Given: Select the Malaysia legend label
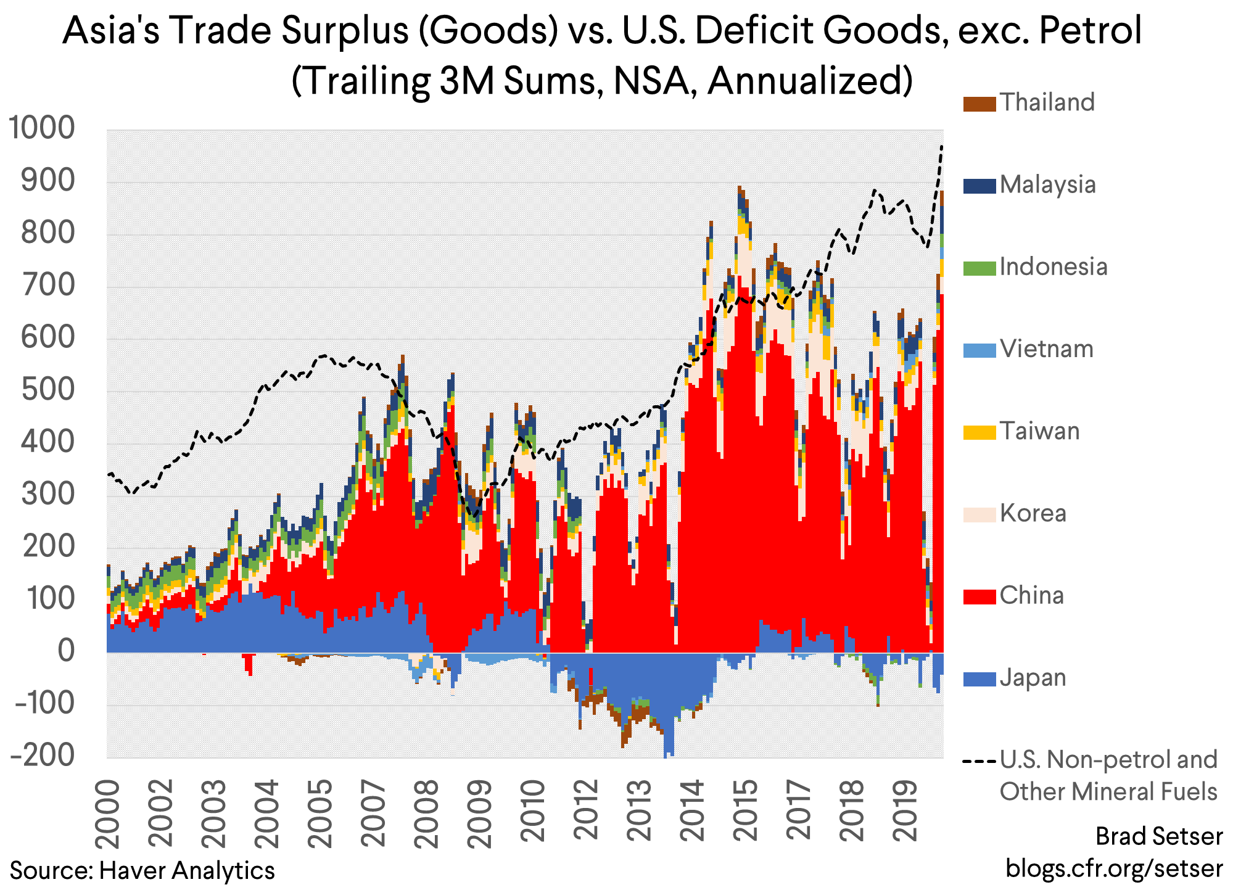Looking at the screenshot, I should (1047, 184).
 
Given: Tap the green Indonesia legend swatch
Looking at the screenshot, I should (979, 268).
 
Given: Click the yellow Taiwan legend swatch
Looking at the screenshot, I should (979, 432).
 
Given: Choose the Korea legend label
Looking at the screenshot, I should (1033, 513).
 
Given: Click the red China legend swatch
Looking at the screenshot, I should (979, 596).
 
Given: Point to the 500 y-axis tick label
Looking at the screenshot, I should (48, 389).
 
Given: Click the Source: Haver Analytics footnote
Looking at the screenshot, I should (142, 870).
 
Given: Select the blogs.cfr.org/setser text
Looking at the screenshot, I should (1114, 868).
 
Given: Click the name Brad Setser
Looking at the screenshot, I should (1158, 836).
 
